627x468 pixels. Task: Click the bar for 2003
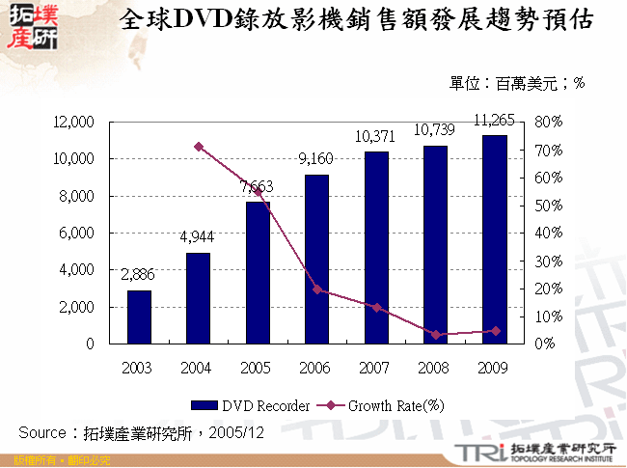139,317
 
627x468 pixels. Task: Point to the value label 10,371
375,137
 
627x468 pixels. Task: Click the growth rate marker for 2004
199,147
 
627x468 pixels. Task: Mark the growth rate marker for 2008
436,335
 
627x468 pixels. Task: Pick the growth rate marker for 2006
317,289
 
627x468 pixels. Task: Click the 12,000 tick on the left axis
74,123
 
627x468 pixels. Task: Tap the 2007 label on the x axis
376,368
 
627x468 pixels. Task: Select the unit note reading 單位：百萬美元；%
517,84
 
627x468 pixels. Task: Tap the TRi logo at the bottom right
473,451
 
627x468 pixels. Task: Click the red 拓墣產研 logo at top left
31,25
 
